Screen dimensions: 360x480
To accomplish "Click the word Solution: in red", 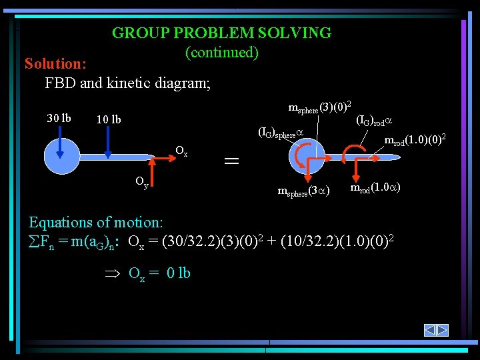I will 55,64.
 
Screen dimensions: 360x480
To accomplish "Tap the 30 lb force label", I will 59,119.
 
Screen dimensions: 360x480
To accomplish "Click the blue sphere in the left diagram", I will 61,157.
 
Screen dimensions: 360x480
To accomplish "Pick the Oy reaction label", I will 142,181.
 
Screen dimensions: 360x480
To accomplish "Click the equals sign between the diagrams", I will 231,161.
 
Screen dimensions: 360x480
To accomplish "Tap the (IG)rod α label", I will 374,121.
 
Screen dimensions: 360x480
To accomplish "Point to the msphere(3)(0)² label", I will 320,107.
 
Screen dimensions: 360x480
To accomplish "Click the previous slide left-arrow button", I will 431,330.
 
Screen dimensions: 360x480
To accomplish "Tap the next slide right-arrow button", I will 443,330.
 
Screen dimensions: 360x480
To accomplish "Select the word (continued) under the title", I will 221,52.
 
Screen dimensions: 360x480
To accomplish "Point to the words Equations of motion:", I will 95,222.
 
